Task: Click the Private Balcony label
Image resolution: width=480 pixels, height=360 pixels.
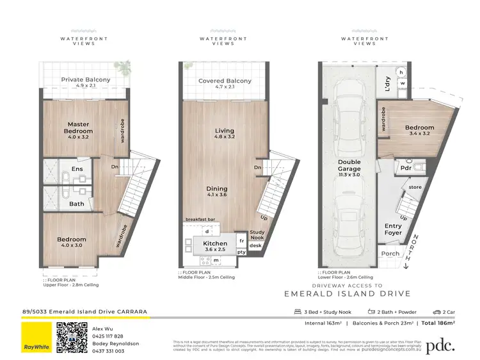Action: click(x=86, y=80)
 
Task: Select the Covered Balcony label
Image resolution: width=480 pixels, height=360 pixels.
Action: click(x=224, y=81)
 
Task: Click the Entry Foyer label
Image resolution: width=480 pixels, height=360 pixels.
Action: click(x=393, y=229)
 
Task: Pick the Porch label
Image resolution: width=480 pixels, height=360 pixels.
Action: click(x=390, y=253)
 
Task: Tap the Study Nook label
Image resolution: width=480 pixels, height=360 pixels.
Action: click(x=257, y=235)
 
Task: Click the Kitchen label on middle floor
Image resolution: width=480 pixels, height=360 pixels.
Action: click(x=215, y=244)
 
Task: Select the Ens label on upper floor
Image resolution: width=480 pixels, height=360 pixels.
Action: click(x=77, y=169)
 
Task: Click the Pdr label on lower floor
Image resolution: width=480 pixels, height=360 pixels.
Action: click(x=405, y=168)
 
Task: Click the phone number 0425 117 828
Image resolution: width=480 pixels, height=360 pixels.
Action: click(x=108, y=336)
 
